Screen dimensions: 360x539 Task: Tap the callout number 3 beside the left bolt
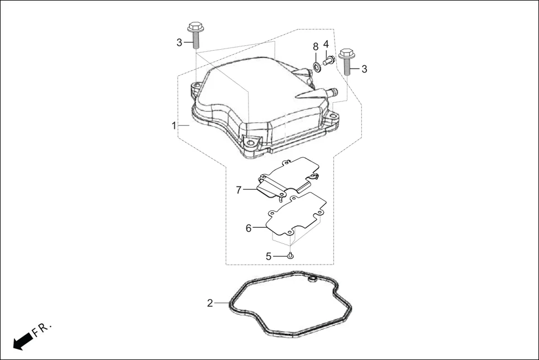(x=179, y=42)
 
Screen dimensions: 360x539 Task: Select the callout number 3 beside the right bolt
(x=364, y=69)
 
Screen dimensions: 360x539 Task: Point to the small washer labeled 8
(x=317, y=67)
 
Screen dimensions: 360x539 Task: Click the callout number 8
(x=316, y=46)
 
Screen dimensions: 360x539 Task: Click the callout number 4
(x=326, y=44)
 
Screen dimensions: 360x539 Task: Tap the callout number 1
(x=174, y=126)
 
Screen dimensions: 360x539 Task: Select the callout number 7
(x=239, y=190)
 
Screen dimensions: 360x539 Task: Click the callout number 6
(x=249, y=228)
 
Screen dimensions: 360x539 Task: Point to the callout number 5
(x=268, y=256)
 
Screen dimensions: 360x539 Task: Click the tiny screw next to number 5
(x=290, y=255)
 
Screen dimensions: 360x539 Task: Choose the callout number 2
(x=210, y=303)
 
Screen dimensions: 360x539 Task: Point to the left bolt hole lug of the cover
(x=196, y=88)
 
